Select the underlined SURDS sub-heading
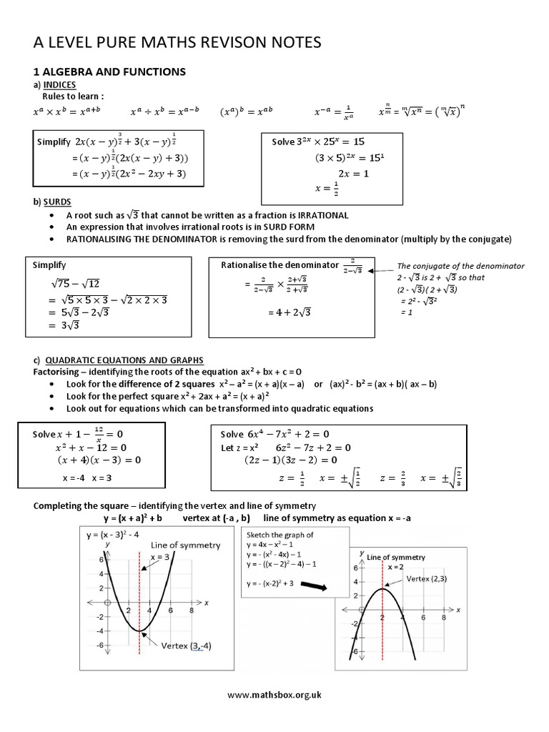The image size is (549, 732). click(x=56, y=202)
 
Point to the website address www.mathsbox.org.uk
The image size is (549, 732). click(x=274, y=695)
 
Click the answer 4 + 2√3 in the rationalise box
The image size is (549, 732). click(x=290, y=312)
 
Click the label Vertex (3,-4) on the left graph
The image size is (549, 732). click(x=187, y=646)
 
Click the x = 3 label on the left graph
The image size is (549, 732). click(x=159, y=557)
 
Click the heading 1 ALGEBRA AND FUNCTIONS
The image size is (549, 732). click(x=110, y=71)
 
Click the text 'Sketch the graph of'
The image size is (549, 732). click(x=280, y=535)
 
